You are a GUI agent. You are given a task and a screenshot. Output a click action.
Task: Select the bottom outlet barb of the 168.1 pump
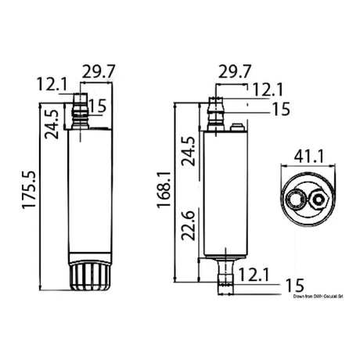click(x=225, y=275)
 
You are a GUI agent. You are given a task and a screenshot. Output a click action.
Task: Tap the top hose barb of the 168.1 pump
click(x=217, y=113)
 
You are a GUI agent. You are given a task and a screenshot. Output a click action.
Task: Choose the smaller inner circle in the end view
click(x=319, y=200)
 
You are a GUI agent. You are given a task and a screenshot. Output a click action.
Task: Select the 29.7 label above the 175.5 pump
click(x=100, y=72)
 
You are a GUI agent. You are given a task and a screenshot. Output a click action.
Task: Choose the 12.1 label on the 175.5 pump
click(x=51, y=84)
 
